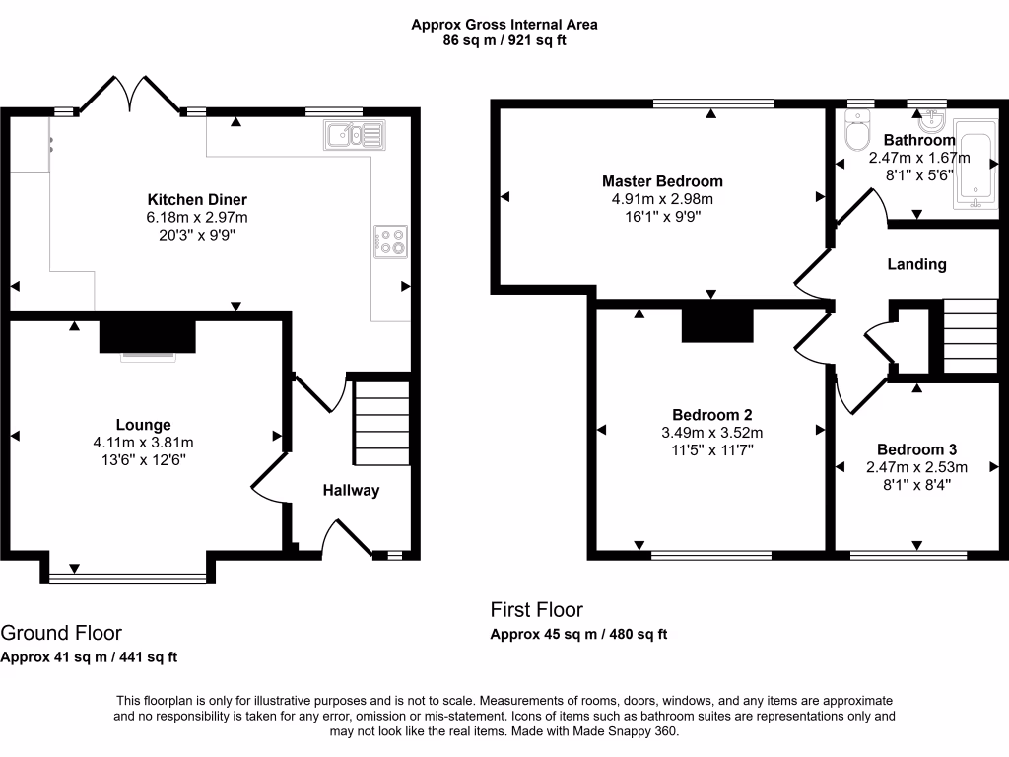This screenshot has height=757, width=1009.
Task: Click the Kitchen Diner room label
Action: (x=197, y=199)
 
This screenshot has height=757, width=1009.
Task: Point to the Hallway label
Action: (x=350, y=490)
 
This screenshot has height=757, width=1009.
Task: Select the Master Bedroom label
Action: (x=662, y=181)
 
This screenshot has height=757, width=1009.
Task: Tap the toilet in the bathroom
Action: (x=857, y=132)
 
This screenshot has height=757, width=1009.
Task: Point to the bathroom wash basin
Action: (x=930, y=121)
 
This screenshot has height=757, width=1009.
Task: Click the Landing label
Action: (x=916, y=264)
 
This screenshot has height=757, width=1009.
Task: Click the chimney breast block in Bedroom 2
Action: (x=716, y=323)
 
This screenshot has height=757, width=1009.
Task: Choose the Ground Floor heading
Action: (x=61, y=633)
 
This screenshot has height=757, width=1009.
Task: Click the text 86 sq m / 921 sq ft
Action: (x=504, y=40)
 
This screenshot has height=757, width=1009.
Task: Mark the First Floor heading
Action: (x=536, y=610)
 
